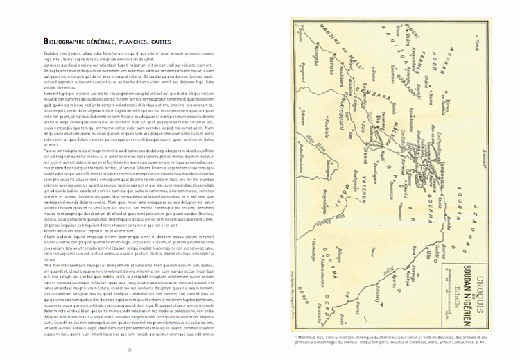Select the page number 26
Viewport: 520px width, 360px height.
point(130,349)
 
